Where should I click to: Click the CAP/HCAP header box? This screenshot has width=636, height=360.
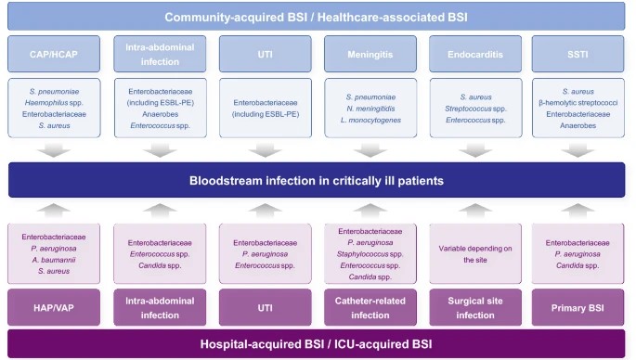tap(54, 55)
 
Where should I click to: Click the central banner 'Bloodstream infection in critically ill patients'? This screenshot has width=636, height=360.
tap(318, 179)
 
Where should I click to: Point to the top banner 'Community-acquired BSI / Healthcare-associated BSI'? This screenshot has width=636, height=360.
tap(318, 17)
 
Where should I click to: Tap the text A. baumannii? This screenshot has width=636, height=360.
tap(54, 262)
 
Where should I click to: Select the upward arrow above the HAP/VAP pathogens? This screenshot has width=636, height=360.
tap(54, 211)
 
